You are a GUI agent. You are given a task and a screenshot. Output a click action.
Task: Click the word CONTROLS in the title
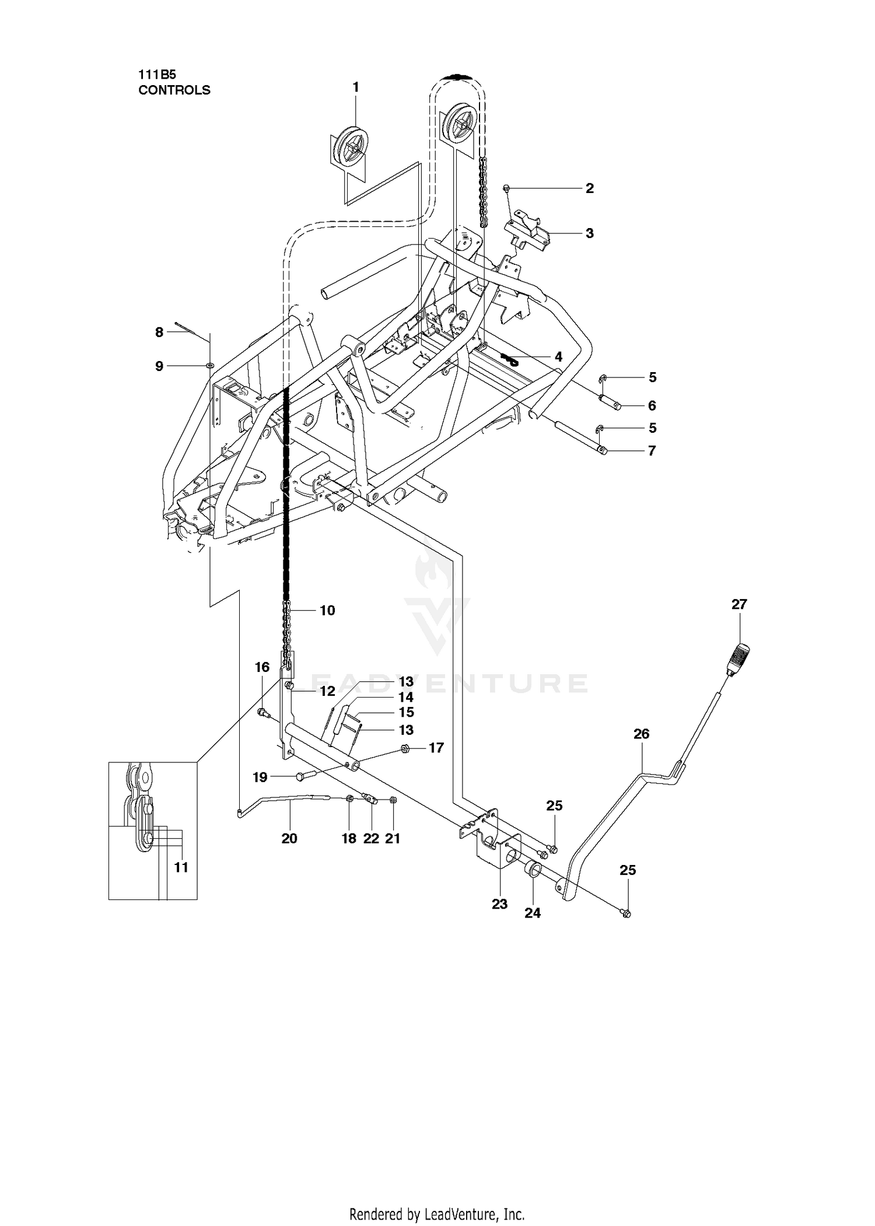[174, 90]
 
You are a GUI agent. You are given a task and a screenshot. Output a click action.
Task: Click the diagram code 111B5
[157, 75]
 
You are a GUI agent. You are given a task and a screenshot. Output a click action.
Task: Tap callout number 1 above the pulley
[356, 87]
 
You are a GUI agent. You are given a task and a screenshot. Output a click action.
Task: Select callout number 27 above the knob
[739, 604]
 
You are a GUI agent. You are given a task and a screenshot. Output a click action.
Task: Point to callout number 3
[590, 233]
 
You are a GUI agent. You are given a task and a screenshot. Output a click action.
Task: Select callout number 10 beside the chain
[327, 610]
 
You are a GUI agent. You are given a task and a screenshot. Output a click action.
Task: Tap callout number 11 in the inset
[181, 867]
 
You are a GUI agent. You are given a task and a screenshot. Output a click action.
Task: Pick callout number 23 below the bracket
[499, 903]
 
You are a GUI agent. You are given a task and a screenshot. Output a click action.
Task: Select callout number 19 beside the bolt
[260, 777]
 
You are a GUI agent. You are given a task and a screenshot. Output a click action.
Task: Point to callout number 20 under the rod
[289, 838]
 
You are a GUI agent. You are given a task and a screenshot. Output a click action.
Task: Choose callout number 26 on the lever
[641, 733]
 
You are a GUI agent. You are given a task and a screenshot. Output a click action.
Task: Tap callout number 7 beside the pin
[652, 451]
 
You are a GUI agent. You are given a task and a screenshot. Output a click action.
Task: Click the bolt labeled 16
[261, 712]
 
